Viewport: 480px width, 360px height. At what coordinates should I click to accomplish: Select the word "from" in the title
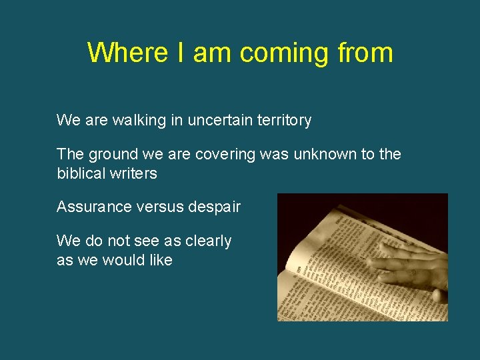pyautogui.click(x=365, y=53)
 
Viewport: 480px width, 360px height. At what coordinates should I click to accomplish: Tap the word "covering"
pyautogui.click(x=225, y=155)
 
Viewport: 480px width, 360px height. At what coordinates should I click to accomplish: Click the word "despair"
pyautogui.click(x=216, y=207)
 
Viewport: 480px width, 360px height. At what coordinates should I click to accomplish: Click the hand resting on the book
pyautogui.click(x=407, y=267)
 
